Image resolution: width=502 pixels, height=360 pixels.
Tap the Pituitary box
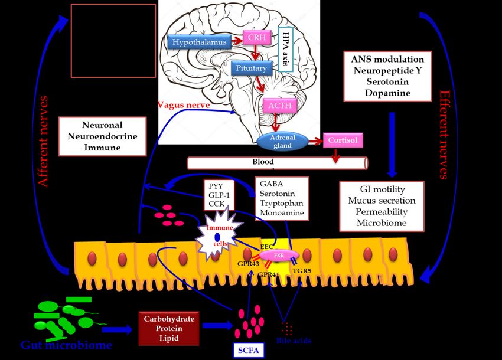[x=252, y=68]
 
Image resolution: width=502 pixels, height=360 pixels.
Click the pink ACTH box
[x=281, y=105]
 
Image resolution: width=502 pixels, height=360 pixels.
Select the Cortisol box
[x=343, y=140]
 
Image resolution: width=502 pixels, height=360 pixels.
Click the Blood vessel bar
[x=278, y=162]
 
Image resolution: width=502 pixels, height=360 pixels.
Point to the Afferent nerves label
[x=44, y=141]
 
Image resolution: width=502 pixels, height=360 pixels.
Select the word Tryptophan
[x=281, y=202]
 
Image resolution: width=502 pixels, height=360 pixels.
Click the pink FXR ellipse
[x=279, y=256]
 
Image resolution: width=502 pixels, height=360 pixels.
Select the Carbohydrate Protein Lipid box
[x=169, y=329]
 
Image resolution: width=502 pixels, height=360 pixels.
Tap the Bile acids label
[x=294, y=341]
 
